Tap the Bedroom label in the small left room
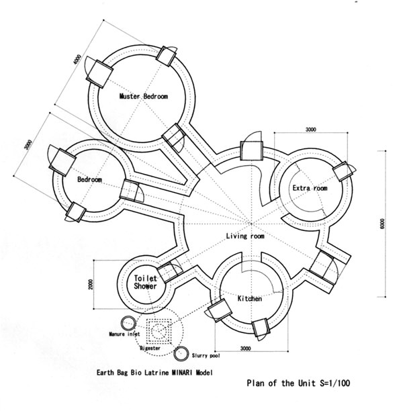[x=89, y=180]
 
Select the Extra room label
[x=310, y=189]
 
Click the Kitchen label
[x=249, y=298]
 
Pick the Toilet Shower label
[x=146, y=282]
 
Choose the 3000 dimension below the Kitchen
[x=250, y=349]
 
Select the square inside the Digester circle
[x=159, y=330]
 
